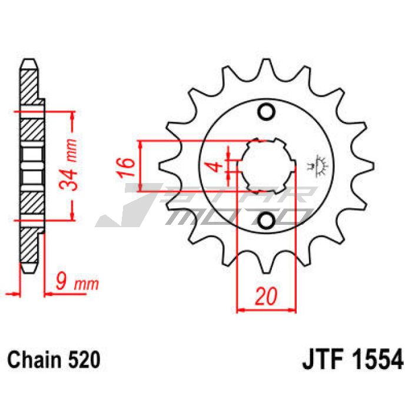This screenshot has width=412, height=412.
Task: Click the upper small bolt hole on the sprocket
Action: (267, 112)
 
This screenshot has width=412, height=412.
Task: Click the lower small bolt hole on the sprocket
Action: (267, 220)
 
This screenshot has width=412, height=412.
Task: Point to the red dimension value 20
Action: (266, 296)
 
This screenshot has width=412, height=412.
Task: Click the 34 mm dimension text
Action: (69, 164)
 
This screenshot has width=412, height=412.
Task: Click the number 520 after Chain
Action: (84, 360)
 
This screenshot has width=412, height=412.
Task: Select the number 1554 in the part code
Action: (377, 359)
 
